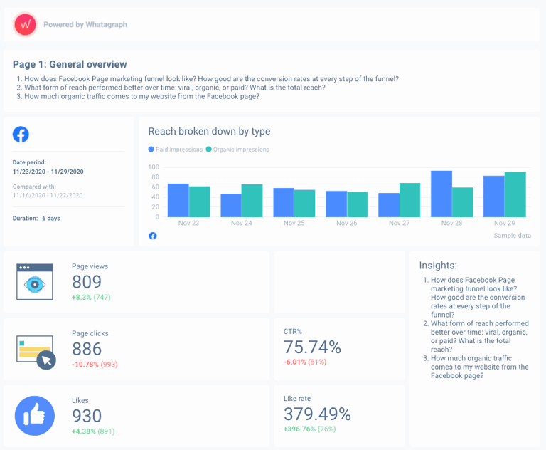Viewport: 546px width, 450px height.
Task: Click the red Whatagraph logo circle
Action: point(25,24)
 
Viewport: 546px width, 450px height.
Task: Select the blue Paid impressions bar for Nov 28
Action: point(441,194)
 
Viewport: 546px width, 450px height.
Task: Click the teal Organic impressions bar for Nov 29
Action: point(515,194)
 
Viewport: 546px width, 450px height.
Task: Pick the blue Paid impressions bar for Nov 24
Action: point(231,205)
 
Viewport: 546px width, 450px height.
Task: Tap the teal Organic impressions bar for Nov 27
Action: point(409,200)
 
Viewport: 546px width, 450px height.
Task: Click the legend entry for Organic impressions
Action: point(237,150)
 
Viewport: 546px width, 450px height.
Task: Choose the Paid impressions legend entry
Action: point(176,150)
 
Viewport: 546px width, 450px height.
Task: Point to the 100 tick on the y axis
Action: point(154,167)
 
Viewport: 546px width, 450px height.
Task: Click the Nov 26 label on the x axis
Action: point(346,223)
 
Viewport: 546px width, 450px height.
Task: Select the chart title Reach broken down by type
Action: point(209,131)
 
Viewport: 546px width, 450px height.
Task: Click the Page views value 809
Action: point(87,281)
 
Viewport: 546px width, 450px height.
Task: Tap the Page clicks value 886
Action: point(87,348)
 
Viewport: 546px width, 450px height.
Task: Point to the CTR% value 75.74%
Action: point(312,347)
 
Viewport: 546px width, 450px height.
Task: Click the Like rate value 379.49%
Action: point(317,414)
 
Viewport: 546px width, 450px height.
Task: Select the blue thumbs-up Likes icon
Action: point(35,415)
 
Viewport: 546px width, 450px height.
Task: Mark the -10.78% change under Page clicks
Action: point(85,364)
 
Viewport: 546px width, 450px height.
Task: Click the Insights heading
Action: point(438,266)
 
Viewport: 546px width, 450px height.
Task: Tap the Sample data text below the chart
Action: point(512,236)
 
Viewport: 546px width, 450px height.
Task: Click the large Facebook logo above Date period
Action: point(21,135)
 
